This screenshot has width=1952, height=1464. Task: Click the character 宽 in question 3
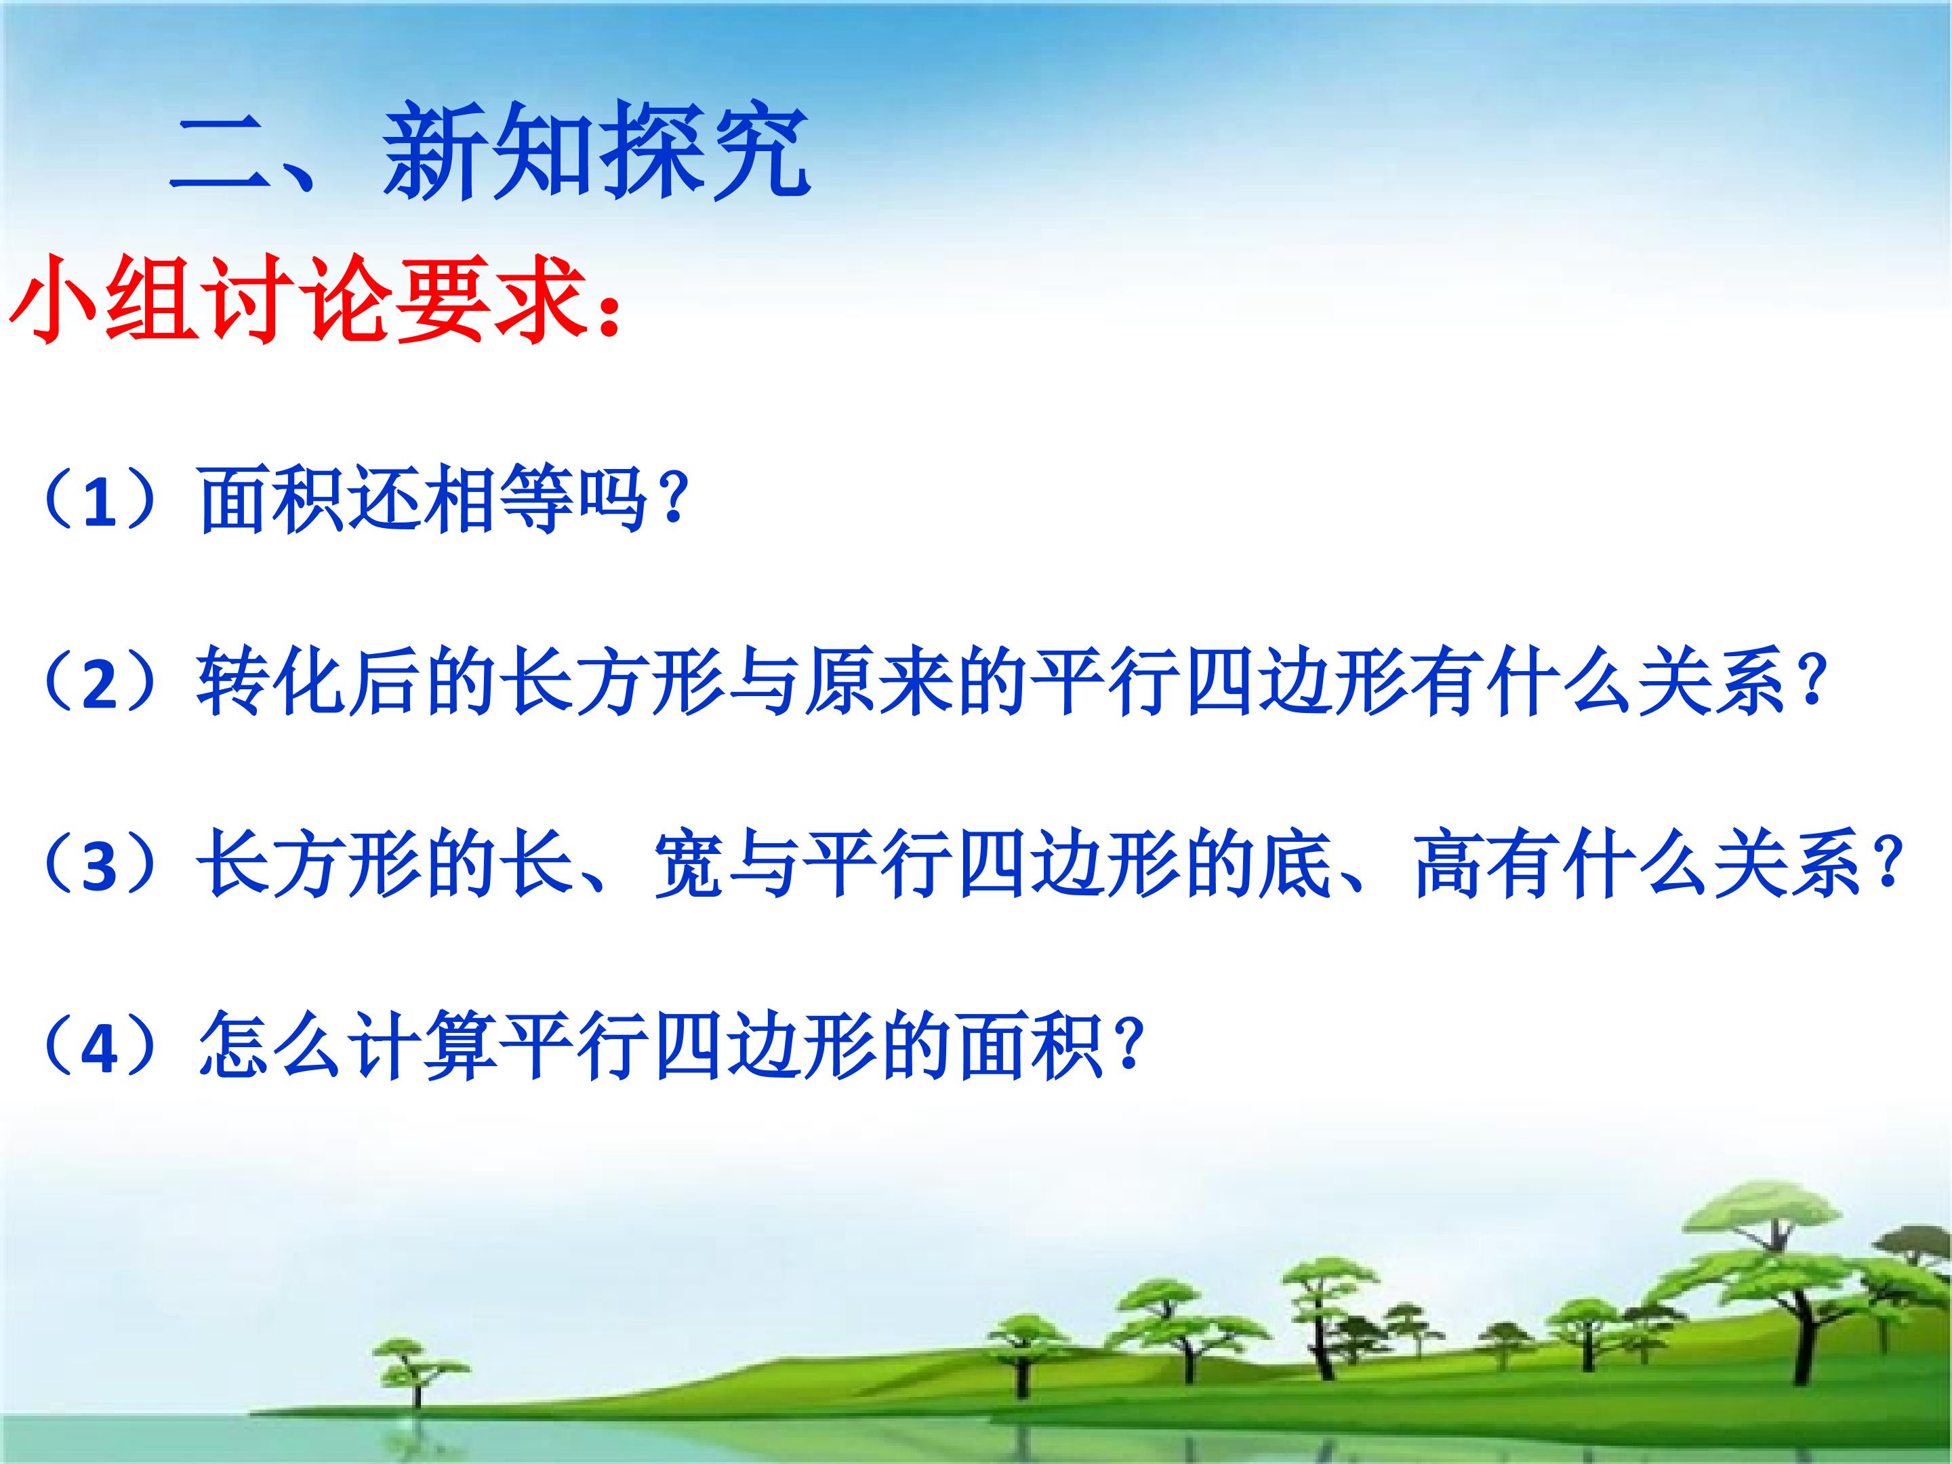click(x=689, y=866)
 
